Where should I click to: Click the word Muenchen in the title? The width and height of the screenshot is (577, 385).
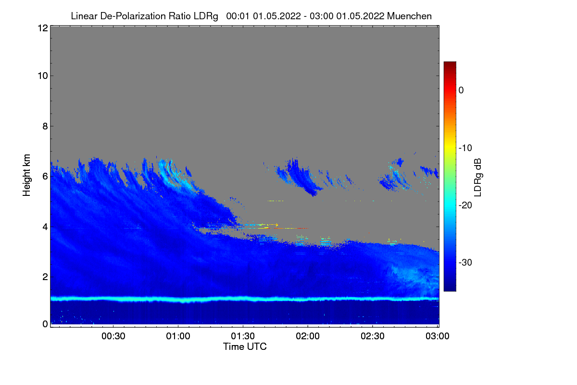(409, 16)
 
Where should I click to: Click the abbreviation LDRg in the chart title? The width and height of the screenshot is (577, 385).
(207, 16)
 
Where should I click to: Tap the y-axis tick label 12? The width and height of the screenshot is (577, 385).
(42, 28)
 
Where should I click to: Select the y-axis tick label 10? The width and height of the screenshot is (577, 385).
(42, 76)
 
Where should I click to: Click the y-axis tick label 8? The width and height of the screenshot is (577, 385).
(45, 126)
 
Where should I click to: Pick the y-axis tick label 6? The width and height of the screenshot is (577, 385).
(45, 176)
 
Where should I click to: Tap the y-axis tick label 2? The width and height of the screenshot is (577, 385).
(45, 277)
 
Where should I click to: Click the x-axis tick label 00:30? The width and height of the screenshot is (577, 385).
(113, 336)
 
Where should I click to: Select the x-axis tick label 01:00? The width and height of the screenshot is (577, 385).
(178, 336)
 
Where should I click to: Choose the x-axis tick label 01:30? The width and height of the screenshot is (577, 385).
(243, 336)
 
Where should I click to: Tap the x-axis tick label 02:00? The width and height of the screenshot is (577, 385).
(308, 336)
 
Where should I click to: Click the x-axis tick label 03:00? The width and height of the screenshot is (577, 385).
(437, 336)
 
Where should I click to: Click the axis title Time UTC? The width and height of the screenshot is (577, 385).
(245, 346)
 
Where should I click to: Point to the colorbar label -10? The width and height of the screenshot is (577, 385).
(465, 148)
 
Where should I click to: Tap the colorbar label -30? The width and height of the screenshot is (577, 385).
(465, 263)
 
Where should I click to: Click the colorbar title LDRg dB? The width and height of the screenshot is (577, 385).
(478, 176)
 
